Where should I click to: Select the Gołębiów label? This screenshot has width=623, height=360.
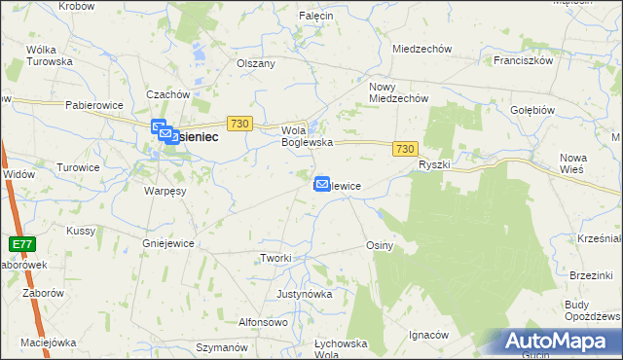pos(531,110)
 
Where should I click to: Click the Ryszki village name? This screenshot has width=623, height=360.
pos(434,164)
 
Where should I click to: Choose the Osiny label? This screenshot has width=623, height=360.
pos(379,246)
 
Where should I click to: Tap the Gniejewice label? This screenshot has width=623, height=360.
pos(169,243)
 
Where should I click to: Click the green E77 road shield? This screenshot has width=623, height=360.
pos(21,243)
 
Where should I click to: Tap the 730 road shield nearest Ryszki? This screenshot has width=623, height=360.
pos(406,148)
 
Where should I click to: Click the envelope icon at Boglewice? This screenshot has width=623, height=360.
pos(321,183)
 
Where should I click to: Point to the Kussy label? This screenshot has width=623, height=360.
pos(80,231)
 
